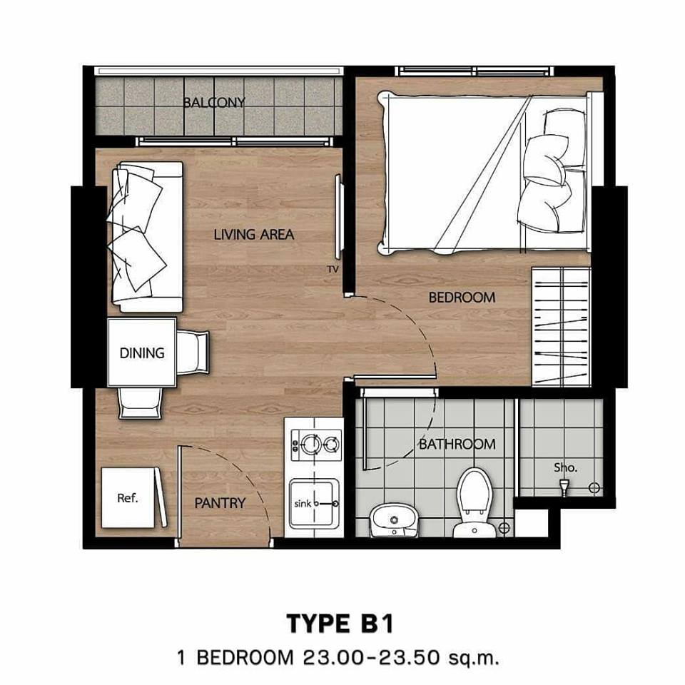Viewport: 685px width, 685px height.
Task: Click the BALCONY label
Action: pos(214,102)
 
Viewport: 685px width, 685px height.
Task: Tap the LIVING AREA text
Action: pos(254,235)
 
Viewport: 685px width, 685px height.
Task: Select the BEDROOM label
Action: pos(462,298)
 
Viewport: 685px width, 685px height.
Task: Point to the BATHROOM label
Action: pos(457,445)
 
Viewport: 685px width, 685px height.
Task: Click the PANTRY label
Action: pos(220,503)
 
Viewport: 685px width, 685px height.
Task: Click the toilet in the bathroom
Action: pos(475,502)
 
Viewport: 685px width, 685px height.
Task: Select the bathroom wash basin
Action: pos(394,520)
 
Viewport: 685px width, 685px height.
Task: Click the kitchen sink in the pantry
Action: pos(314,504)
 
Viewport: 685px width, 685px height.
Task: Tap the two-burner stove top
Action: pos(316,445)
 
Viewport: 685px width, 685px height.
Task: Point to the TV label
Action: pos(333,270)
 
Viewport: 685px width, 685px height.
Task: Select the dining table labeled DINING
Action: pos(142,352)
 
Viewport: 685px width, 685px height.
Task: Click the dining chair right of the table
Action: pos(193,352)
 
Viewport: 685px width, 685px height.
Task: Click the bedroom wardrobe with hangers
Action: pos(561,327)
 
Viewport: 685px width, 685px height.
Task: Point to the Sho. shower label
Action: pos(565,467)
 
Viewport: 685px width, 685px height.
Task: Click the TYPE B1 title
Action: pos(340,624)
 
